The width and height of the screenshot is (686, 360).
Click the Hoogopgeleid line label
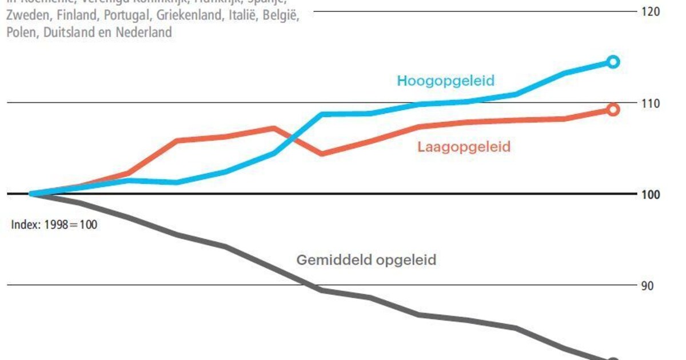[445, 81]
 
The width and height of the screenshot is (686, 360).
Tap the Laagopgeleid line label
[464, 147]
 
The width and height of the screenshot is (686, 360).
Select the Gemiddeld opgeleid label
[366, 260]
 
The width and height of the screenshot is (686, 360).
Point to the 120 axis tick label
[652, 11]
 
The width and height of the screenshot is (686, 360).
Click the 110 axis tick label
[652, 103]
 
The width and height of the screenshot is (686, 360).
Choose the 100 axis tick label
[652, 195]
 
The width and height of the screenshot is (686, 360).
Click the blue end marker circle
[613, 62]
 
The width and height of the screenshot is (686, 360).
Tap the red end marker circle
[613, 109]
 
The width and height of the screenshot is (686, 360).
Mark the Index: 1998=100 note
[54, 225]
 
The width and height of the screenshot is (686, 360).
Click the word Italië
[242, 17]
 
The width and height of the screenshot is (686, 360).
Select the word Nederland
[143, 33]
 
